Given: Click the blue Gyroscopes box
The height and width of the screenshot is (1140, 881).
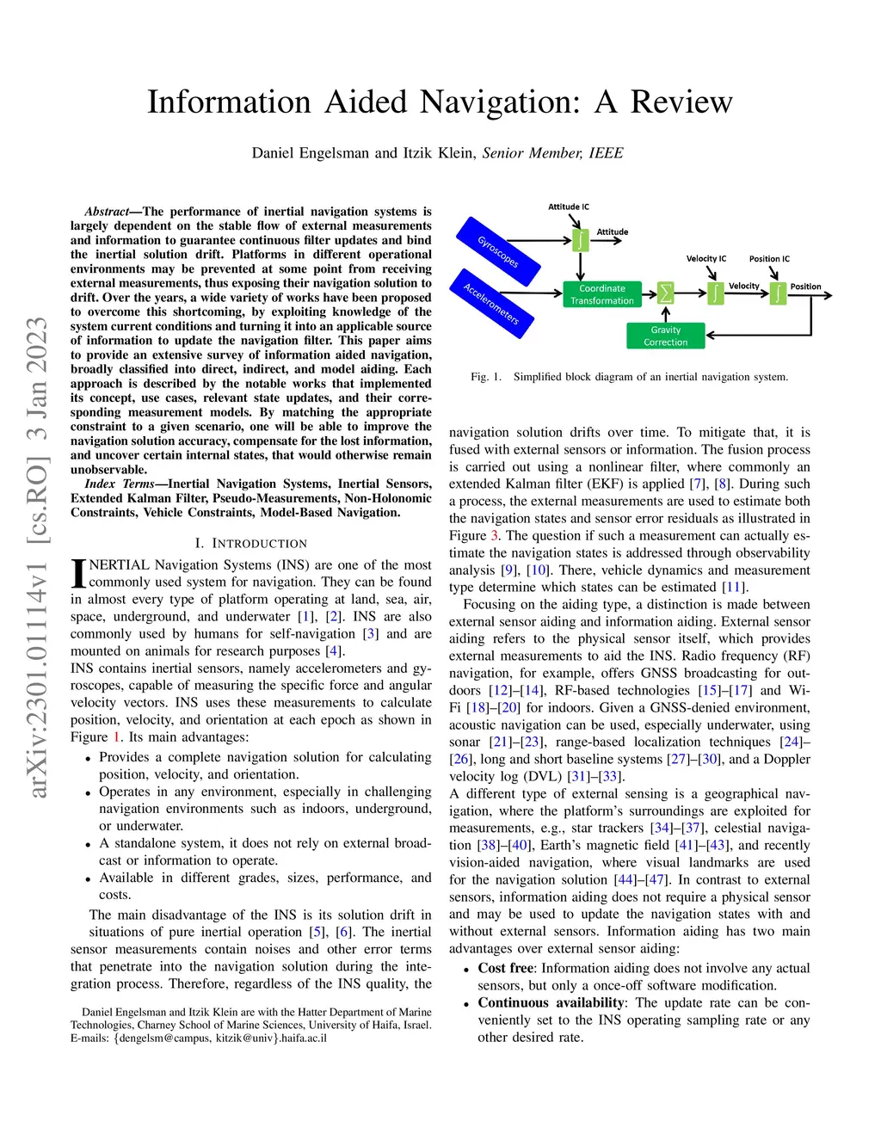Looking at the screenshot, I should tap(497, 251).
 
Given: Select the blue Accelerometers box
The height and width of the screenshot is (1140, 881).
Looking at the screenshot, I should tap(492, 303).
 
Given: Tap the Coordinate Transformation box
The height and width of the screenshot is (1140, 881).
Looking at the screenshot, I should tap(602, 294).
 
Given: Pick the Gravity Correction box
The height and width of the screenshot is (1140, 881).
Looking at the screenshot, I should tap(665, 336).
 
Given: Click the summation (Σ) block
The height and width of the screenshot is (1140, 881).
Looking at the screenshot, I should tap(665, 293).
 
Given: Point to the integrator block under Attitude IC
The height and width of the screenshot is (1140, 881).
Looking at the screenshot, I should tap(581, 239).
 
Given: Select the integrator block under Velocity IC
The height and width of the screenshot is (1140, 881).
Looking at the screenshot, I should tap(714, 293).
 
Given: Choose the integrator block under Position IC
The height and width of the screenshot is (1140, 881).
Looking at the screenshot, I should tap(778, 293).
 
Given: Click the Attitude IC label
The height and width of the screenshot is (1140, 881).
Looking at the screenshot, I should tap(569, 206).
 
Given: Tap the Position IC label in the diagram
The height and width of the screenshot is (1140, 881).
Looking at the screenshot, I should tap(769, 258).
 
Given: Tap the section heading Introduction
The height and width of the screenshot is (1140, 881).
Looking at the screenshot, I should tap(259, 544).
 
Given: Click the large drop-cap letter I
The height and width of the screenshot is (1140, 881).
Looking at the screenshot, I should tap(78, 574).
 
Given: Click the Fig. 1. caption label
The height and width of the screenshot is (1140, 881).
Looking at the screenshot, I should tap(486, 377).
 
